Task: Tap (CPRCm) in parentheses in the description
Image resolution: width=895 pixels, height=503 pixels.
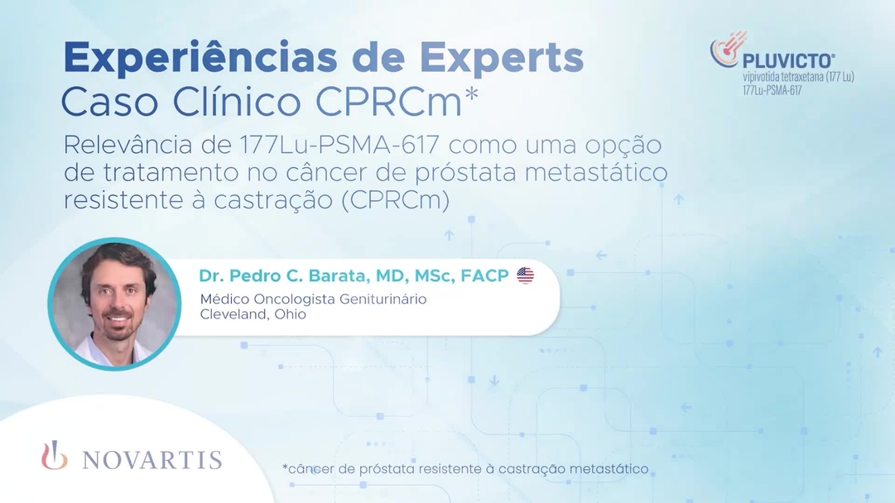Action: [x=394, y=201]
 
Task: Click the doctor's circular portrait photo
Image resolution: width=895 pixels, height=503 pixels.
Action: [x=114, y=304]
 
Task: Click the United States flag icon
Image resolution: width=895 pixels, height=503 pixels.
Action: [x=526, y=275]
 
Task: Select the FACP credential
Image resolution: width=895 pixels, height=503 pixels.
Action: [x=485, y=275]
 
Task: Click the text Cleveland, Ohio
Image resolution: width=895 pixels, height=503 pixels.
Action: [x=253, y=314]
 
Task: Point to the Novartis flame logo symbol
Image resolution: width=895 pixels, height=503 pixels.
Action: [x=55, y=457]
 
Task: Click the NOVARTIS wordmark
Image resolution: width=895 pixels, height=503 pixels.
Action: [x=152, y=460]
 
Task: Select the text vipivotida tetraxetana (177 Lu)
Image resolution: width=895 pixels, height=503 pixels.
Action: [x=798, y=77]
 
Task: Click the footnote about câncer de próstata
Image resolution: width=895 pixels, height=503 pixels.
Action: [x=464, y=469]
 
